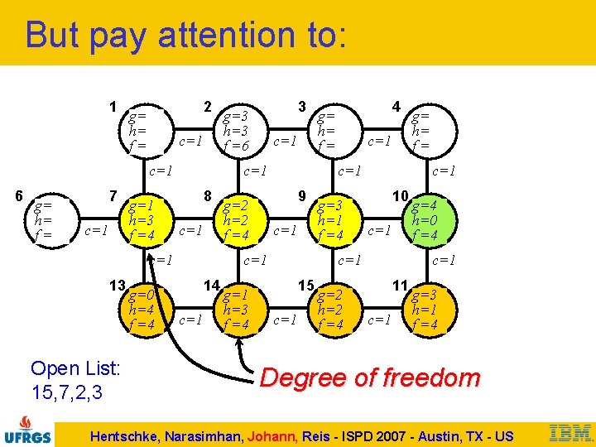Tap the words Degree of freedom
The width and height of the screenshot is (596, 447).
(369, 378)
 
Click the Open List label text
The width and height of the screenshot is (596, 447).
(76, 368)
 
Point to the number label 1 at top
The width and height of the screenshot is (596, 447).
(113, 107)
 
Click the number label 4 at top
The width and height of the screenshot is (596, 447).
(397, 107)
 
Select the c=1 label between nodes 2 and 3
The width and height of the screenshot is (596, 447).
(285, 142)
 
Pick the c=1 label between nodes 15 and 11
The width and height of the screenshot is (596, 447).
(379, 320)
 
